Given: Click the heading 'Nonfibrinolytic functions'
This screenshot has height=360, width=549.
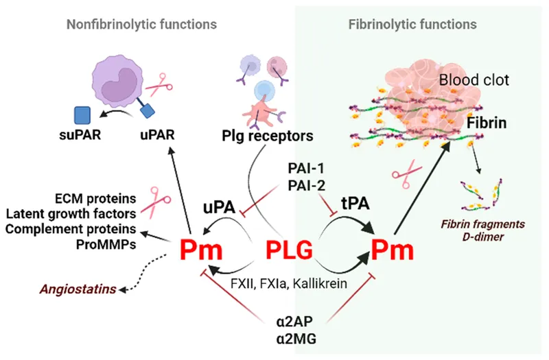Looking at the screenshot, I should [x=141, y=24].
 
